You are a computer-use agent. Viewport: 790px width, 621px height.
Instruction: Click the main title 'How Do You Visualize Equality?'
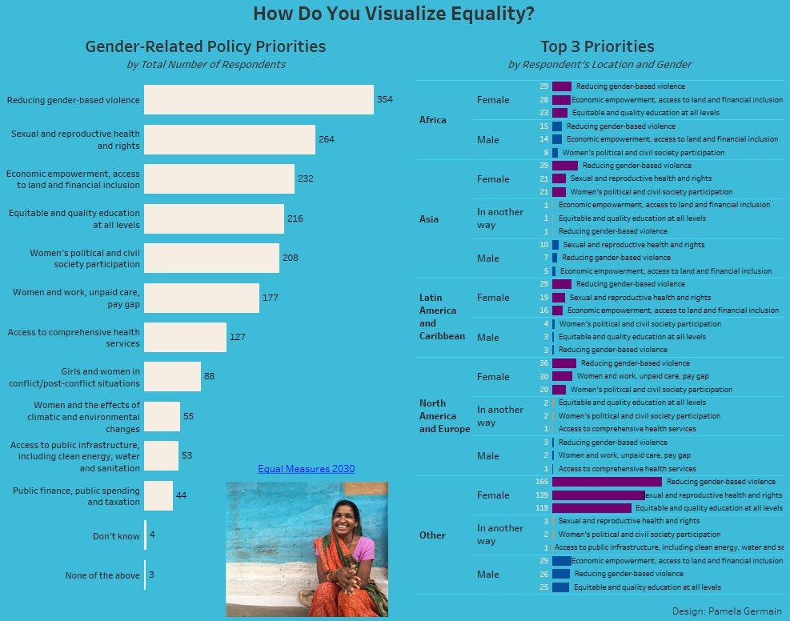pos(394,14)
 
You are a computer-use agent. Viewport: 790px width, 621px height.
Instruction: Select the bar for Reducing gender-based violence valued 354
pos(259,100)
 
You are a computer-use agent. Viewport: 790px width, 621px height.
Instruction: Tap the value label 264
pos(326,139)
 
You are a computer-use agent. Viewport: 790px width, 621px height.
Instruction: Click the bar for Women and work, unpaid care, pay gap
pos(202,298)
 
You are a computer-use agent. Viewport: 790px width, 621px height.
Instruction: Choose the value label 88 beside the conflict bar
pos(209,376)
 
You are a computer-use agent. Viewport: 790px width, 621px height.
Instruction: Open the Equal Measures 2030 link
pos(306,469)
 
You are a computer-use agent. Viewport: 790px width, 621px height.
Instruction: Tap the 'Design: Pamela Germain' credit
pos(727,611)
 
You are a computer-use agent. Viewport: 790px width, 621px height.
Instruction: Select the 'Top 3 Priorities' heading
pos(597,47)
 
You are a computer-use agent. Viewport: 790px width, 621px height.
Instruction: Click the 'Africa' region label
pos(433,120)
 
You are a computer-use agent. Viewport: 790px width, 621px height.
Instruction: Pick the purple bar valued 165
pos(607,482)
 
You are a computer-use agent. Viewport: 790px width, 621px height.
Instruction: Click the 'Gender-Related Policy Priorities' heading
pos(206,47)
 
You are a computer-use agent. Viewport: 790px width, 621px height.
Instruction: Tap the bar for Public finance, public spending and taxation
pos(158,495)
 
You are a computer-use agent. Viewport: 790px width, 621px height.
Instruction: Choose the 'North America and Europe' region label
pos(444,416)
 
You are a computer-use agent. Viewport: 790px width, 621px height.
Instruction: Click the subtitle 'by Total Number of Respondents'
pos(206,65)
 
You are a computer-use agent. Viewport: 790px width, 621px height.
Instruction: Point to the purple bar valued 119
pos(591,508)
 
